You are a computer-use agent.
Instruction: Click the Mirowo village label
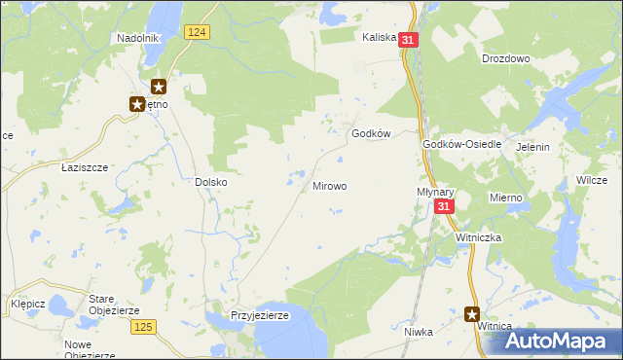(329, 185)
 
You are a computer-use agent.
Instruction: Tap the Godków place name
(371, 134)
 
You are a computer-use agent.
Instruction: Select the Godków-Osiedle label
(461, 144)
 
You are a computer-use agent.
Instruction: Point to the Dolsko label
(210, 181)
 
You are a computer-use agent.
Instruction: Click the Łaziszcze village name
(84, 167)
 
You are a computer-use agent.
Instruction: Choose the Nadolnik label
(136, 38)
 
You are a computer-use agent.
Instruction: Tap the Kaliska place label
(379, 38)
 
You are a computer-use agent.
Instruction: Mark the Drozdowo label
(505, 58)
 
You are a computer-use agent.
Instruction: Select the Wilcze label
(592, 181)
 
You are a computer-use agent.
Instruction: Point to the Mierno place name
(506, 198)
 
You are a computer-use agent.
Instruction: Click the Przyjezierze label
(260, 316)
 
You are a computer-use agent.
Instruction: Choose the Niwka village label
(418, 332)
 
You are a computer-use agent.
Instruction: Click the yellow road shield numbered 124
(197, 32)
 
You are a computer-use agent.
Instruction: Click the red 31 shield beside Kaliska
(408, 40)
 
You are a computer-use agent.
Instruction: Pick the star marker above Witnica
(472, 313)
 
